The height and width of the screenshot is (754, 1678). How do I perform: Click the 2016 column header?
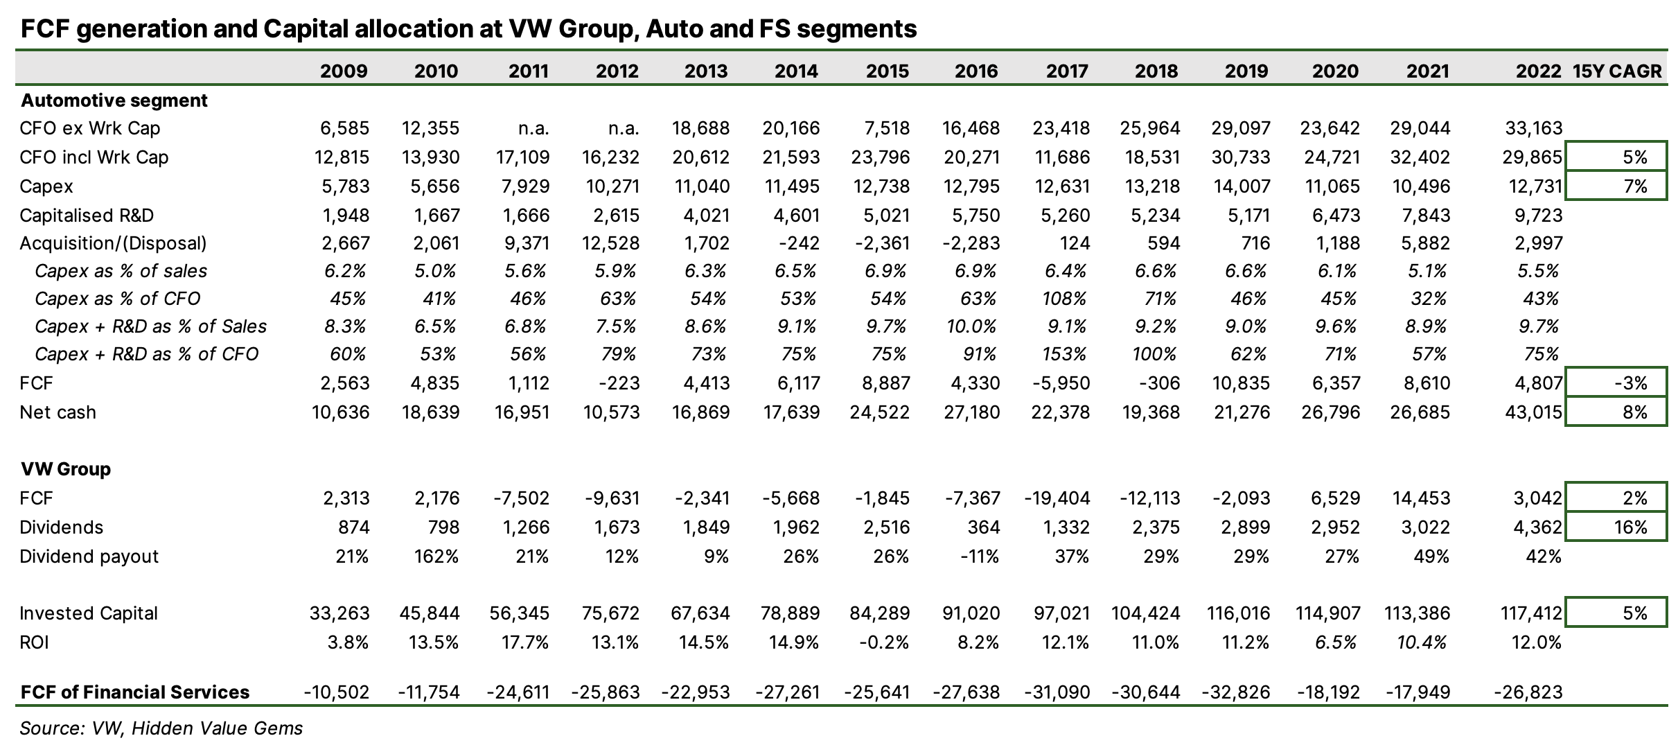[x=977, y=71]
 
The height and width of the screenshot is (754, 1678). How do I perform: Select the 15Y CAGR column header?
[x=1617, y=71]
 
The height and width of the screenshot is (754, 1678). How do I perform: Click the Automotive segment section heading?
[x=114, y=100]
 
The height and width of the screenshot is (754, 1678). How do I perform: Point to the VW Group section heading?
[x=66, y=469]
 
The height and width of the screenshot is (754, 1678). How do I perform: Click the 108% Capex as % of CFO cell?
[x=1067, y=299]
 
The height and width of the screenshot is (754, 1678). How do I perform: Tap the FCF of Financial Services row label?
[x=135, y=692]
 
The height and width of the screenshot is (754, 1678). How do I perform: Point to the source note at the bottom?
[x=161, y=728]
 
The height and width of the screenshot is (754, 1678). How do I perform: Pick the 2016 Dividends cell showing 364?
[x=982, y=527]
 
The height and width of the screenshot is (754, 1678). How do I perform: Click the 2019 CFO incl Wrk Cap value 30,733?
[x=1241, y=157]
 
